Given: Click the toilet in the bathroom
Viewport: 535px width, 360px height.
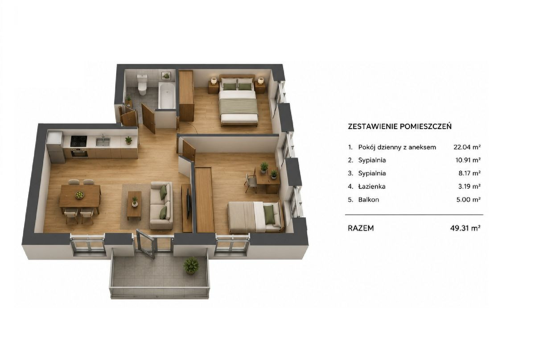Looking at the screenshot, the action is point(142,85).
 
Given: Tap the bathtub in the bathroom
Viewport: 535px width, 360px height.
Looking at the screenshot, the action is point(167,96).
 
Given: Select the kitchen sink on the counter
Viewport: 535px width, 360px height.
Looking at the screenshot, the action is point(103,141).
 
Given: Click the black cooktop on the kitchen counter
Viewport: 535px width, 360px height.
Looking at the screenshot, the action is point(78,141).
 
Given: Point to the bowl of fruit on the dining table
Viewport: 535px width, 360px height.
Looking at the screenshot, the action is point(79,195).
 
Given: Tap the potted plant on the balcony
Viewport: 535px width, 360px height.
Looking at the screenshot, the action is point(191,265).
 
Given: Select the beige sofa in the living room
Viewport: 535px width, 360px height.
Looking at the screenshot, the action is point(161,205).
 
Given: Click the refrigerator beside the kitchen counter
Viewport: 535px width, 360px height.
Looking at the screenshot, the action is point(55,147).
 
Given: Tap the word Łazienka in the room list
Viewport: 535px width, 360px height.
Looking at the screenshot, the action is point(372,186).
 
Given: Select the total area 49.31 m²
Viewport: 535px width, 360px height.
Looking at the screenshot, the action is point(465,228).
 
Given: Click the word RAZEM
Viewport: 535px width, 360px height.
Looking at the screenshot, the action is point(361,228).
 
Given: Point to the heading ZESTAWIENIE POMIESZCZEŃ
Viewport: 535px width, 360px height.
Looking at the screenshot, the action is point(399,126).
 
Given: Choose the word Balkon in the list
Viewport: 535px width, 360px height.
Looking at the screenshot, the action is point(369,199).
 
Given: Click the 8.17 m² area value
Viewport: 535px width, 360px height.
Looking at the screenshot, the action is point(469,173).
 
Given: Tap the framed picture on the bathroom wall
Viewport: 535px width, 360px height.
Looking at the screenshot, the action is point(165,75).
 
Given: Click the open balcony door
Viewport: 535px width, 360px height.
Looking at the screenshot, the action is point(146,244).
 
